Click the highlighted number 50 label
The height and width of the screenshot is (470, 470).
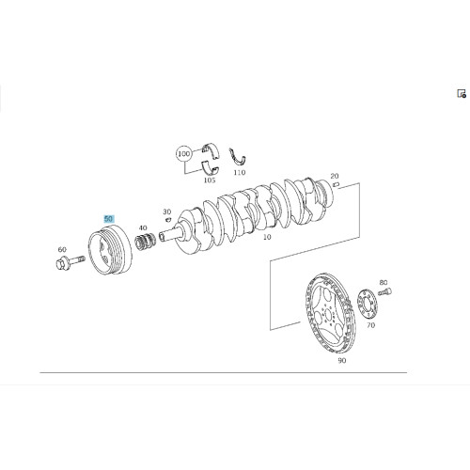[x=109, y=219]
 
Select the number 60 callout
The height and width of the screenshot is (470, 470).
[x=62, y=249]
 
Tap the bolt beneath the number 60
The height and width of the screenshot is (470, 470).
[x=70, y=262]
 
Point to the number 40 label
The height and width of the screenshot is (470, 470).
[x=143, y=227]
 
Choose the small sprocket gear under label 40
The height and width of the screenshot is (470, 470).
[x=146, y=243]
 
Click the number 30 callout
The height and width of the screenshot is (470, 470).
[x=167, y=212]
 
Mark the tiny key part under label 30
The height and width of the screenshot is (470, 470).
[x=168, y=219]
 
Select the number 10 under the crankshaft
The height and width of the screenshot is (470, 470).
[x=267, y=237]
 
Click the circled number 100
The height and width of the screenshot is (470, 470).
[x=184, y=154]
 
